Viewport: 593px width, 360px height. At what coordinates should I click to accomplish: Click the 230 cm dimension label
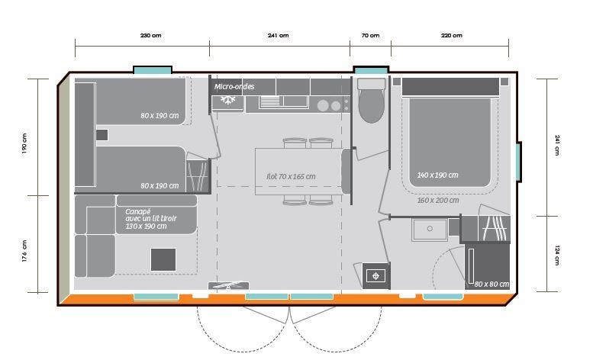pos(150,36)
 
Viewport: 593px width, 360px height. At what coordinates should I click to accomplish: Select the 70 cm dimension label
pos(370,36)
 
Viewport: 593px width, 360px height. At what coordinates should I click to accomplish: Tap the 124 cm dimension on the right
pos(556,255)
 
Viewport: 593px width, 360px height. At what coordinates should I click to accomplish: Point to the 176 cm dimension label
pos(24,251)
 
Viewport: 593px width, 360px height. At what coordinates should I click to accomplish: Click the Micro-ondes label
pos(234,86)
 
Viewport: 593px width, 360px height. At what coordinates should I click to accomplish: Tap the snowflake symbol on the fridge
pos(227,100)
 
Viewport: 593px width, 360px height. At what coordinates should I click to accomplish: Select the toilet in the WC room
pos(371,100)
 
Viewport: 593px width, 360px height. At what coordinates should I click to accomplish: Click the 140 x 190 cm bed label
pos(437,175)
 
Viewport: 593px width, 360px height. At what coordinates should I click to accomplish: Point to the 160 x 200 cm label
pos(438,200)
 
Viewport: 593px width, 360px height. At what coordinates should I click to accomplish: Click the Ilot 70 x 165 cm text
pos(291,176)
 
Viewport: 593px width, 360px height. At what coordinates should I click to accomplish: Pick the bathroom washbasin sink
pos(430,229)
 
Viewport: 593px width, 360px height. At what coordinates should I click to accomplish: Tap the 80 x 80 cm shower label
pos(491,284)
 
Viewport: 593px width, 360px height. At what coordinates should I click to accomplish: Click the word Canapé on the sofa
pos(137,212)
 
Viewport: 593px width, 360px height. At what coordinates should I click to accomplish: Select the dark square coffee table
pos(163,259)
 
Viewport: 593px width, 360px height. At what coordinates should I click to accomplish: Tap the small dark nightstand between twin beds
pos(102,135)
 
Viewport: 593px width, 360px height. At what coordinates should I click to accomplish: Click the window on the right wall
pos(518,162)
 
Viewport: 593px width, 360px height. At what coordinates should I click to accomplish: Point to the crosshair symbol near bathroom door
pos(375,276)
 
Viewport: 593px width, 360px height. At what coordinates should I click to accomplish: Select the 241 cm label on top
pos(278,36)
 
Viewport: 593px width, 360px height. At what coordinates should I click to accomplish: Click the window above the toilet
pos(371,70)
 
